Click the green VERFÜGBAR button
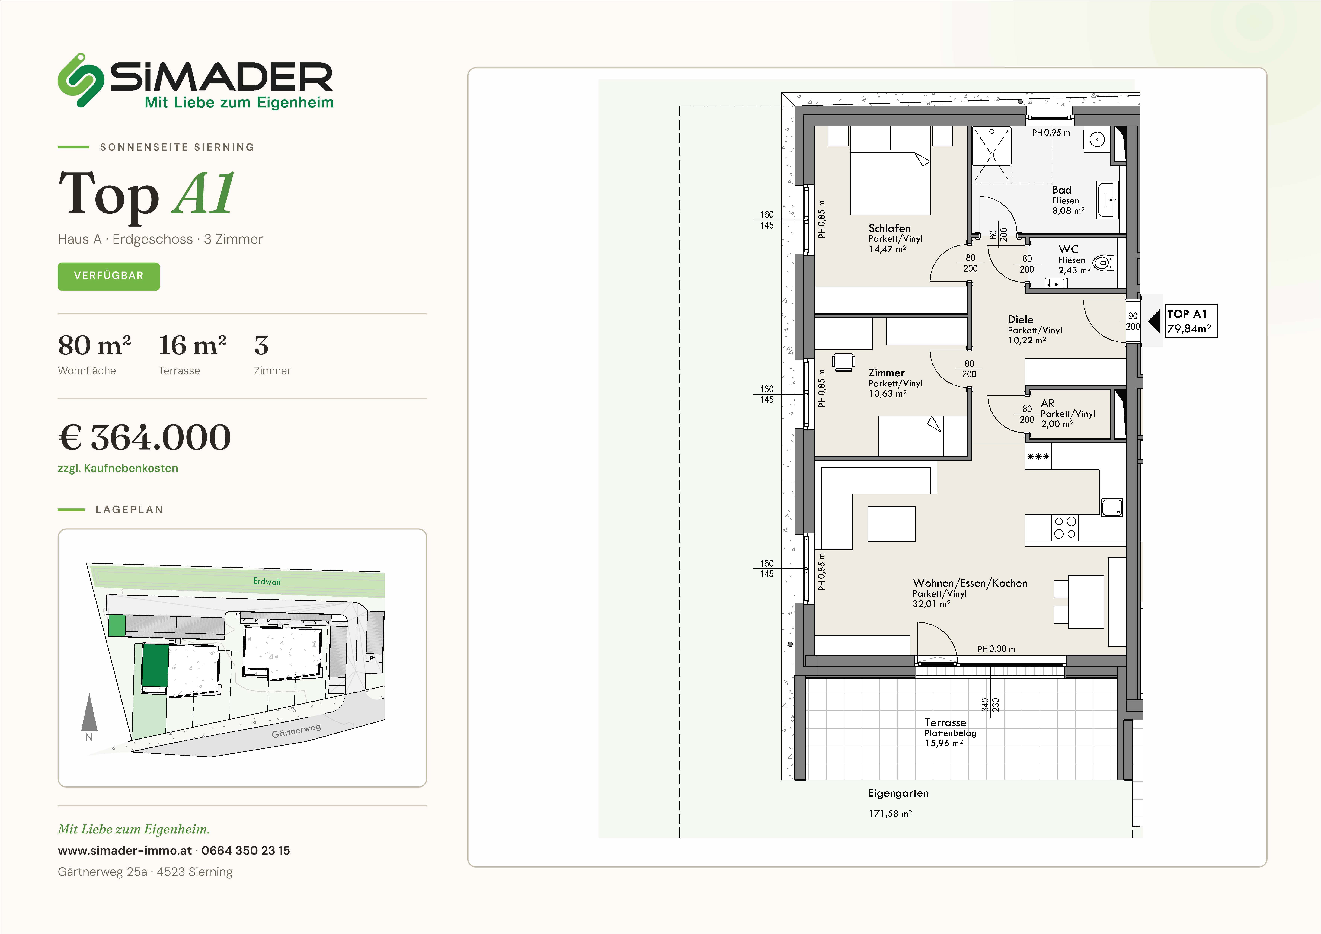click(x=109, y=276)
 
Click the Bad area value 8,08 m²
click(x=1068, y=211)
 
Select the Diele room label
click(x=1021, y=319)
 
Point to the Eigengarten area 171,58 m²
click(x=890, y=814)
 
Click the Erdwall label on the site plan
click(x=267, y=581)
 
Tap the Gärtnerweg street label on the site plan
click(x=296, y=731)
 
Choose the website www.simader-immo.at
click(x=125, y=851)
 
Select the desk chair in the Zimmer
click(x=843, y=361)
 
